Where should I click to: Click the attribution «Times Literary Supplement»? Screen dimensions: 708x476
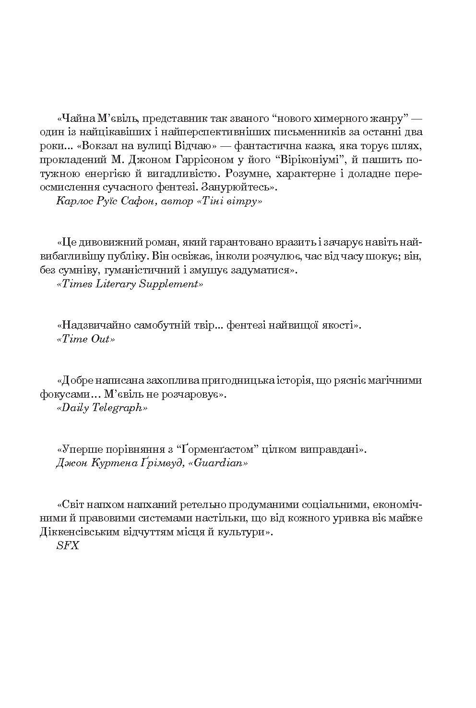130,284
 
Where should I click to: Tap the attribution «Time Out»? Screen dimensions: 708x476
86,339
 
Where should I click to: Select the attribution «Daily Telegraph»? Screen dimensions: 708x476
102,408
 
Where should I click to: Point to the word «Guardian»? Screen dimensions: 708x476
219,463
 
